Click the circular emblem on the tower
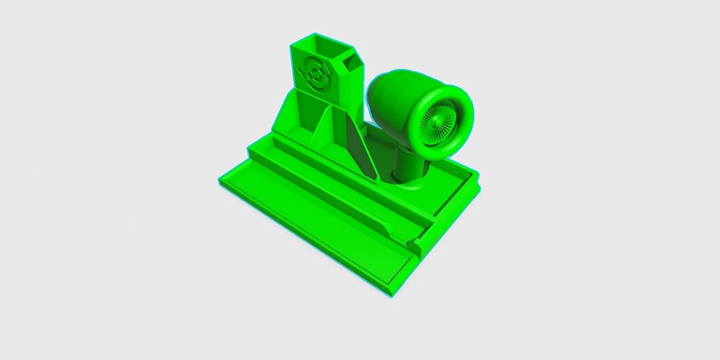tap(316, 73)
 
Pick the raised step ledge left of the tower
tap(263, 145)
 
